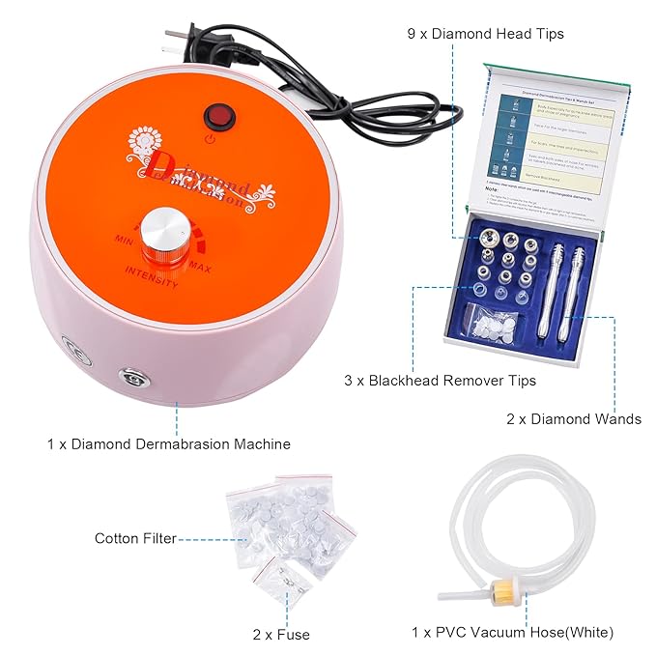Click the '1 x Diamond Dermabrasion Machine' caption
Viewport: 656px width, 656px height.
click(x=168, y=443)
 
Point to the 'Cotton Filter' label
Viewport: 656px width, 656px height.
click(x=135, y=538)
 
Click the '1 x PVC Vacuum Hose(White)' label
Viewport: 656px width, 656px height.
click(x=512, y=633)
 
